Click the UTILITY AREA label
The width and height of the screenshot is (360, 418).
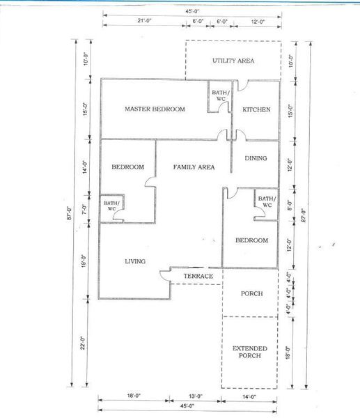233,61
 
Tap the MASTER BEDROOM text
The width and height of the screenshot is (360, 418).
155,109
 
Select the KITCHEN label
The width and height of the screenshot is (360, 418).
256,109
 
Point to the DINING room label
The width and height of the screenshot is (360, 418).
256,158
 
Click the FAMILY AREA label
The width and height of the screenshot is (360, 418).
194,167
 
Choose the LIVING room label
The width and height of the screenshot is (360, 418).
135,261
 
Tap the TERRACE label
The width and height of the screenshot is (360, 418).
198,276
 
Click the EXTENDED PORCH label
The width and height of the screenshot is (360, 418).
250,352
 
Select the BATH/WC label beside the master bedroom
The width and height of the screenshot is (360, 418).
221,95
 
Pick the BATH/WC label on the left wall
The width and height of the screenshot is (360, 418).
111,206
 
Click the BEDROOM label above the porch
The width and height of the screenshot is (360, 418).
251,240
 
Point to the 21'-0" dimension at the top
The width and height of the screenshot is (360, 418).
144,20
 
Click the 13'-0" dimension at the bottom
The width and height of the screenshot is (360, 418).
196,396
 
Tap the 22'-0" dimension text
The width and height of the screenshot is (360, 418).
83,343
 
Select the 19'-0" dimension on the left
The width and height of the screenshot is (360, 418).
84,261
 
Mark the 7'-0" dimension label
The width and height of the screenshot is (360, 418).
84,210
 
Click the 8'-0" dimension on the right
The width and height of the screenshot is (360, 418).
290,206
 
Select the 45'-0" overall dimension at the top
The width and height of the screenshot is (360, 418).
192,11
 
